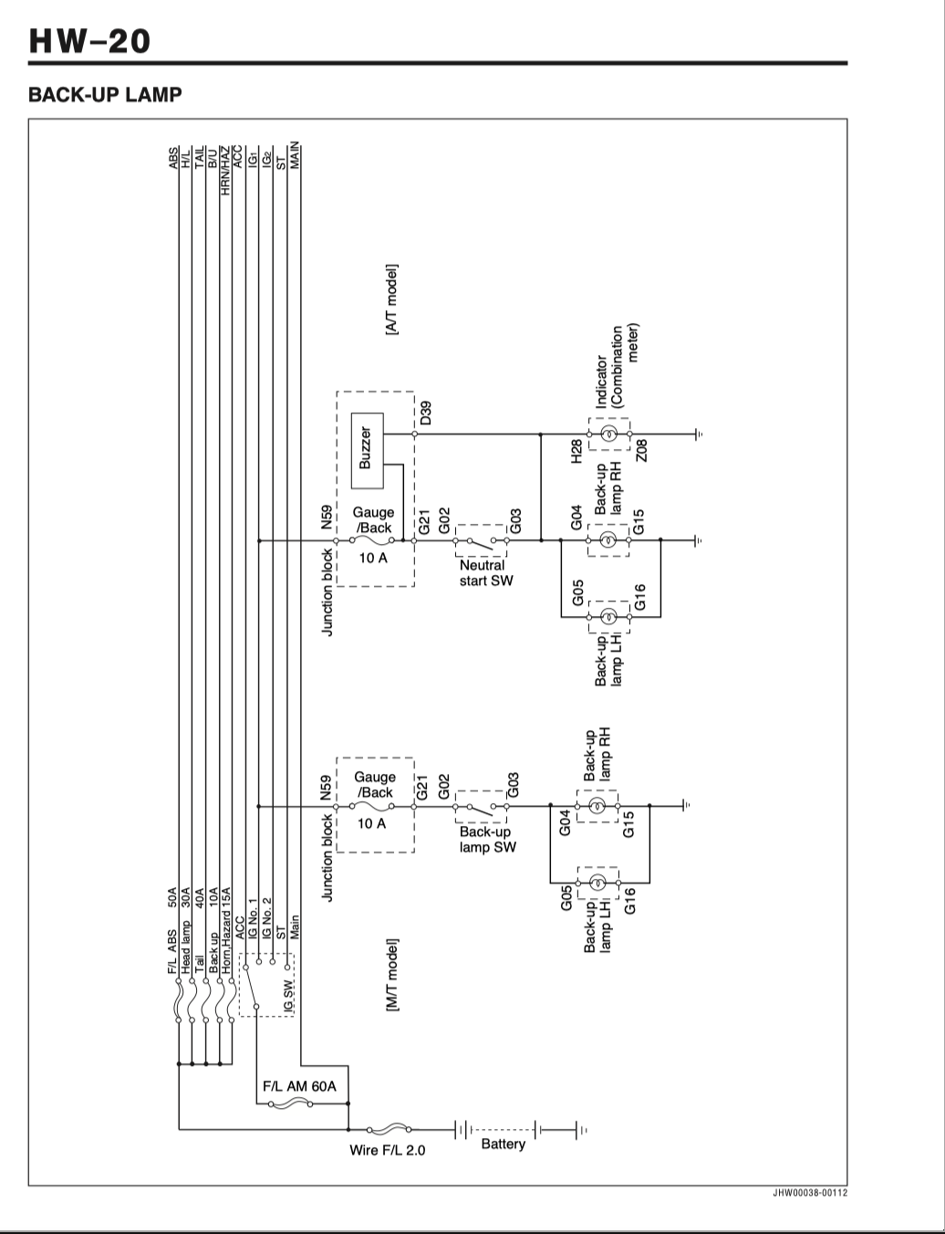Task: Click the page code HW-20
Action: (89, 41)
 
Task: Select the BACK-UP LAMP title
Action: (105, 94)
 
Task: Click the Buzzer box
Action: (368, 450)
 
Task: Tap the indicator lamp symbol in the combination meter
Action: (608, 434)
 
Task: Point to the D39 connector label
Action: (426, 413)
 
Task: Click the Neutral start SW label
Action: (486, 573)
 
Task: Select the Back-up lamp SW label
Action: (488, 840)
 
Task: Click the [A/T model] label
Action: (391, 299)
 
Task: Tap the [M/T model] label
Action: (392, 975)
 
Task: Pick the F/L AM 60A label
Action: (299, 1086)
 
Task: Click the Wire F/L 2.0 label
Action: (387, 1150)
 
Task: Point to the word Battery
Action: (503, 1144)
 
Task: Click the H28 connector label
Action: (576, 451)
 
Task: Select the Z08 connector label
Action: (641, 451)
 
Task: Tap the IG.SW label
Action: (288, 996)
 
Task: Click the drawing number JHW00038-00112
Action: (810, 1193)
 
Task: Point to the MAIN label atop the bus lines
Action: (295, 155)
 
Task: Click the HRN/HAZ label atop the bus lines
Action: (225, 171)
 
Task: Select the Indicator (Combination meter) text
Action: (618, 366)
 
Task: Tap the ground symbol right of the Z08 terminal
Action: (699, 434)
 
